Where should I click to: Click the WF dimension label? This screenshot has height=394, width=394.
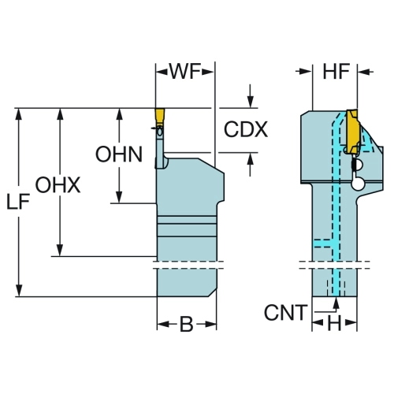[x=185, y=71]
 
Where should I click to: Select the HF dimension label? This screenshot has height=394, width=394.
[x=336, y=71]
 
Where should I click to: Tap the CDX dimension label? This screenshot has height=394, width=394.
[x=246, y=129]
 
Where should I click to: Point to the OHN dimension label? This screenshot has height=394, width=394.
[x=119, y=154]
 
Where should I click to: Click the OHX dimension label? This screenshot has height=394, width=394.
[x=58, y=185]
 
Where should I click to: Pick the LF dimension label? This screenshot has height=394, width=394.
[x=18, y=202]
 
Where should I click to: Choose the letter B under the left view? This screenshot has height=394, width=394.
[x=186, y=324]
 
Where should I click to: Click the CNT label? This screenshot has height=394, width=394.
[x=286, y=312]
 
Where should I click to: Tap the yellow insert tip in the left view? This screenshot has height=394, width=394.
[x=160, y=116]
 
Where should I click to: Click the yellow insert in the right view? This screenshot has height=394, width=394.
[x=352, y=132]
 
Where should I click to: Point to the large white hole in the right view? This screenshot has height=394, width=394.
[x=358, y=184]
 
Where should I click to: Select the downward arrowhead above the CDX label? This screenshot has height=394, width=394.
[x=251, y=102]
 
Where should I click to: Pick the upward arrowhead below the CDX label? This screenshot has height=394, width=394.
[x=251, y=158]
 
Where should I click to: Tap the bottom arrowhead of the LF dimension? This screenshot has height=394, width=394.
[x=19, y=290]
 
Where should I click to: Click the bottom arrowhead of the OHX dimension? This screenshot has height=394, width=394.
[x=60, y=250]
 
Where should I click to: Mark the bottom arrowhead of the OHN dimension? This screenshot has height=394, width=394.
[x=120, y=197]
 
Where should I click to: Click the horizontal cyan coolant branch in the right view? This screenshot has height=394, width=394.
[x=324, y=243]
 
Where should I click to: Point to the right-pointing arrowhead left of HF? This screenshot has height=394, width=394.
[x=306, y=71]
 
